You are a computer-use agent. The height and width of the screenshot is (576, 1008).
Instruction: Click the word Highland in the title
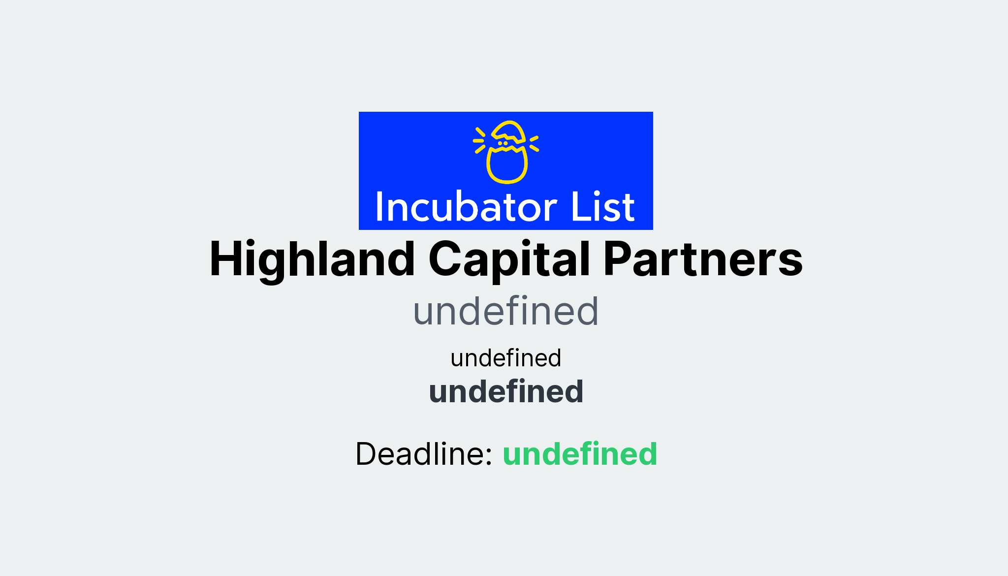pos(312,259)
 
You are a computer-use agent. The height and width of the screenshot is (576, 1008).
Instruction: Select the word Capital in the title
pos(509,259)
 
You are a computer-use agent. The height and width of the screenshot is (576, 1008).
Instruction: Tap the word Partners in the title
pos(703,259)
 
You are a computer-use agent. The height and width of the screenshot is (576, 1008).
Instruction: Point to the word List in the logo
pos(602,207)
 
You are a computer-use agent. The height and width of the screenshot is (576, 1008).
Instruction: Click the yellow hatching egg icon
pos(506,152)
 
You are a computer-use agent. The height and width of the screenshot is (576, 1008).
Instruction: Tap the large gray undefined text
pos(505,311)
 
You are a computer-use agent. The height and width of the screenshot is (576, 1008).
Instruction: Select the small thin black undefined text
pos(505,358)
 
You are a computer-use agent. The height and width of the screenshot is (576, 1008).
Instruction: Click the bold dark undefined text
pos(505,392)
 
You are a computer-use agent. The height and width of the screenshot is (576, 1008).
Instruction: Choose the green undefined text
pos(580,454)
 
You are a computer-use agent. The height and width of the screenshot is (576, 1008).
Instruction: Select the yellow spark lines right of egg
pos(534,143)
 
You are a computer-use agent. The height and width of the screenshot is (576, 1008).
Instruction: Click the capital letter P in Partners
pos(617,259)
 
